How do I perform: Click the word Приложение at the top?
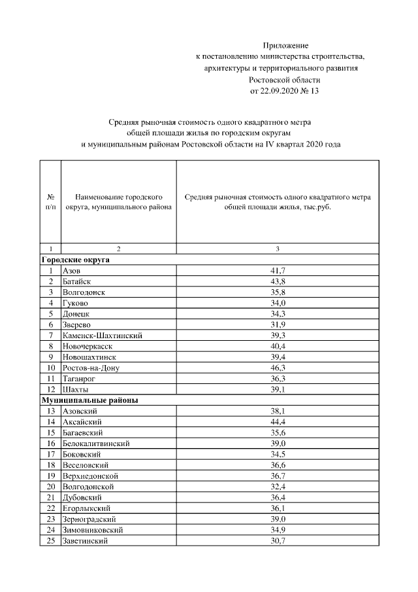(285, 45)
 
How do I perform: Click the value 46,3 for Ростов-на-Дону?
(278, 368)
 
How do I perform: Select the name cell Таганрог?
(80, 379)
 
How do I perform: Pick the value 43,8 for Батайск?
(278, 281)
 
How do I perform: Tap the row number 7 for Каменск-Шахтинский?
(50, 336)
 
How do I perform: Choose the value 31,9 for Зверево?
(278, 324)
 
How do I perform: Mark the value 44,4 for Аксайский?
(278, 422)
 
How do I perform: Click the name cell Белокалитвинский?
(95, 444)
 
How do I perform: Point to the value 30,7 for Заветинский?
(278, 541)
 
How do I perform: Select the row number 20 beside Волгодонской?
(50, 487)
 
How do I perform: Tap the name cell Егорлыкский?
(86, 508)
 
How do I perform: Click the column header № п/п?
(50, 201)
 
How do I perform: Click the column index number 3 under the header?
(278, 249)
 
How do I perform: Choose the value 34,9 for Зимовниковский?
(278, 530)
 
